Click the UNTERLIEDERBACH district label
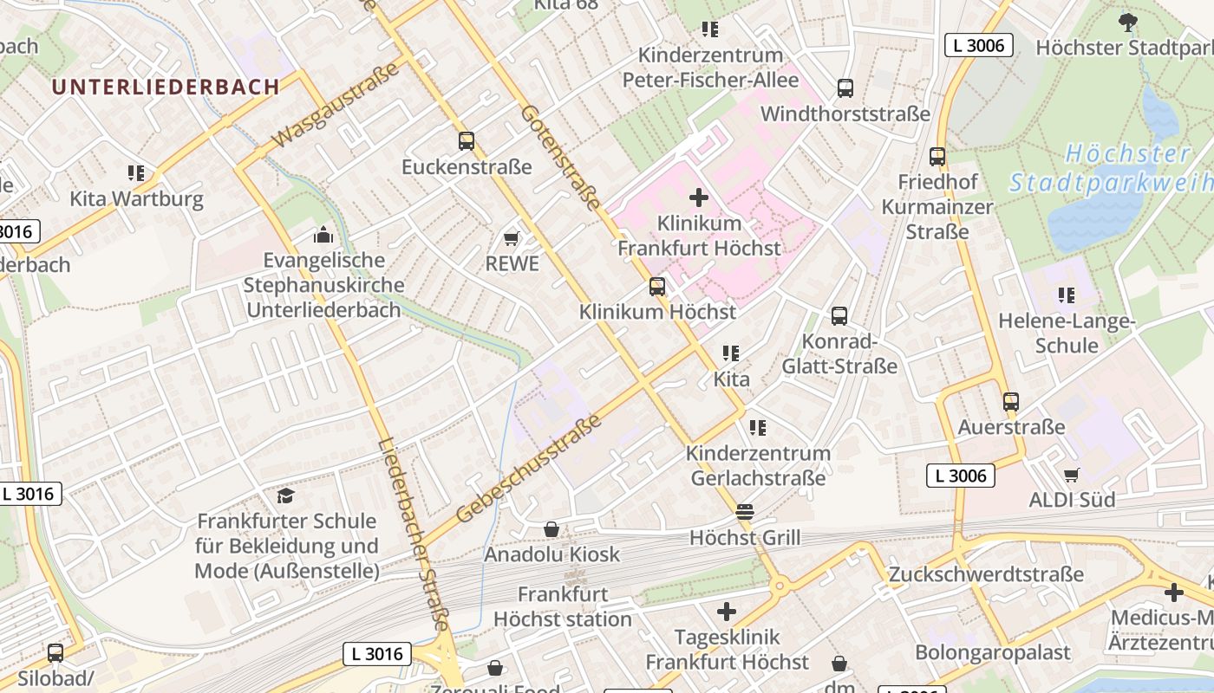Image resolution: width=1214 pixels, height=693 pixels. [165, 87]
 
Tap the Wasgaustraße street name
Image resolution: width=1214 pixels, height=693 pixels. [338, 105]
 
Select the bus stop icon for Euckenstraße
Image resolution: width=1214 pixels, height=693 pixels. [467, 140]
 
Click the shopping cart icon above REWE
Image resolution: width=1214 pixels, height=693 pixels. [512, 238]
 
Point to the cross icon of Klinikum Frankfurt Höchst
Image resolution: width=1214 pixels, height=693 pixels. [699, 198]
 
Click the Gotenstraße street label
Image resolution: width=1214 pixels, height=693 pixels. [561, 159]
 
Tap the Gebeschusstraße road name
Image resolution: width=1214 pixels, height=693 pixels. [528, 469]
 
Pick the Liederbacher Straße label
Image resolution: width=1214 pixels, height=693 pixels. [414, 534]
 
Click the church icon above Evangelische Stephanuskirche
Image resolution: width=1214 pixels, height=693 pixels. [323, 235]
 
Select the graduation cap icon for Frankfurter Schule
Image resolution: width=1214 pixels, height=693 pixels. [285, 495]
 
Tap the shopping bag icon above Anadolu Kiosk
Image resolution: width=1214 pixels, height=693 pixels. [552, 528]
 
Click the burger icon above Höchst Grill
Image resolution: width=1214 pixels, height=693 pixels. [745, 512]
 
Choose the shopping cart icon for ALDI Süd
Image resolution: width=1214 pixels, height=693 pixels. [1072, 475]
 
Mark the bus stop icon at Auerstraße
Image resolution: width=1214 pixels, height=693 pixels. [1011, 402]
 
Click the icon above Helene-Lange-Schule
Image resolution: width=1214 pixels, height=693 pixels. [1067, 295]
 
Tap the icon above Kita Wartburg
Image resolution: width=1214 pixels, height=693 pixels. [136, 173]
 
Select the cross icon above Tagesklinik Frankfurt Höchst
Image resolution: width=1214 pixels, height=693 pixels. [727, 612]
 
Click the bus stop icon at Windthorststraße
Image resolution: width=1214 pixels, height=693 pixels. [845, 88]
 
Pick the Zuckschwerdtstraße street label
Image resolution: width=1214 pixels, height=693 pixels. [986, 574]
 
